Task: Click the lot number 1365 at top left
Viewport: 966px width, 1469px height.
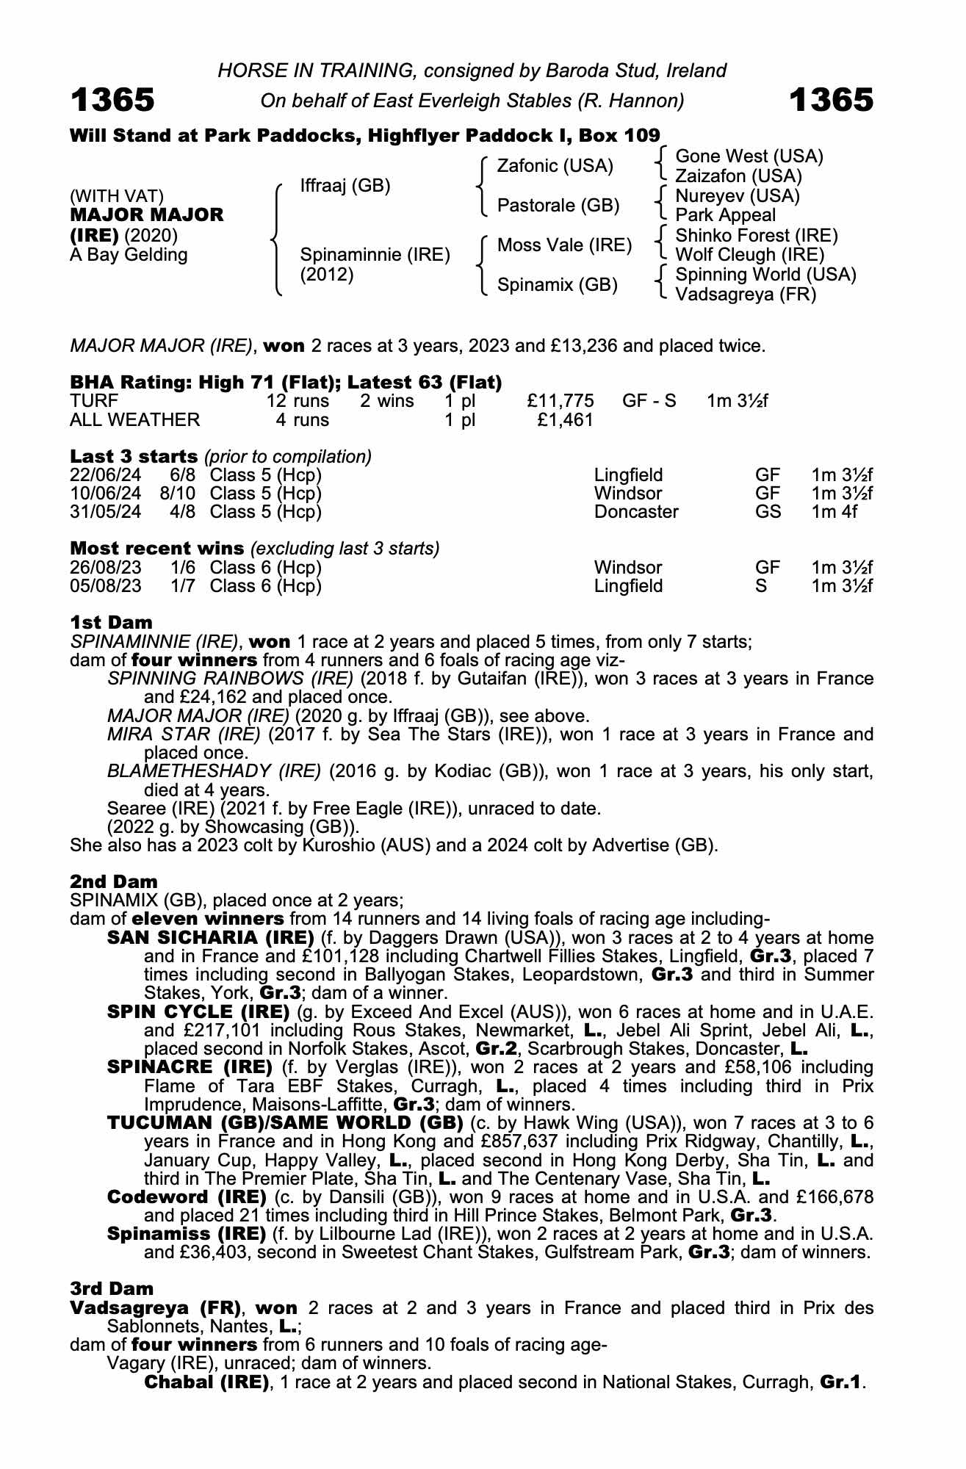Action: click(112, 100)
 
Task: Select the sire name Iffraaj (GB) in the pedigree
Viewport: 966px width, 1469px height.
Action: click(345, 186)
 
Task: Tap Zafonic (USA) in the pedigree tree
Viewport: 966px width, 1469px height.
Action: click(555, 166)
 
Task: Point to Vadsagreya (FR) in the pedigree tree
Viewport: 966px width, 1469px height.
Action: click(745, 295)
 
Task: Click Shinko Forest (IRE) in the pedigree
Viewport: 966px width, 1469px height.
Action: click(756, 236)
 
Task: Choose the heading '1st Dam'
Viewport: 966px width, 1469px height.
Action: click(111, 623)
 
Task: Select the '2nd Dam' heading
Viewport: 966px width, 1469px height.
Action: click(114, 881)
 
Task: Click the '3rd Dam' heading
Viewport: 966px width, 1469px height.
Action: click(112, 1288)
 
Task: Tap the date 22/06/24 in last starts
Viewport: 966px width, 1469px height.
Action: click(105, 475)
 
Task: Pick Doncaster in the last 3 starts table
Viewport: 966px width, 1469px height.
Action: click(636, 512)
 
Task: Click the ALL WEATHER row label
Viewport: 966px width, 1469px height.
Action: click(134, 420)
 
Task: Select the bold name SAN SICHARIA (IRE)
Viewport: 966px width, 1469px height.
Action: click(211, 938)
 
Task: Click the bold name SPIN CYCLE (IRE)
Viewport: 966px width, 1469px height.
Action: click(198, 1011)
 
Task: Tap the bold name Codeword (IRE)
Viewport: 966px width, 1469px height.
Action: click(187, 1197)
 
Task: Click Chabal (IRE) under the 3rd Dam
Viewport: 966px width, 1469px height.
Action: click(206, 1382)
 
